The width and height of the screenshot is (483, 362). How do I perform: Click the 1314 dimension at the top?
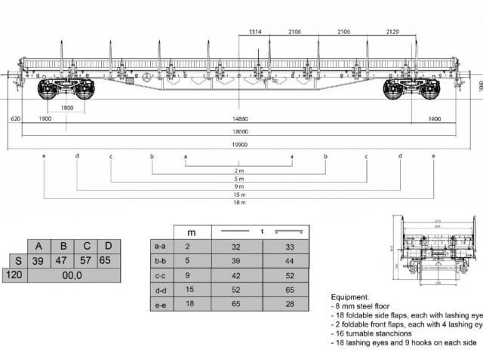(253, 32)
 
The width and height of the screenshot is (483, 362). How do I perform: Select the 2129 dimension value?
(393, 32)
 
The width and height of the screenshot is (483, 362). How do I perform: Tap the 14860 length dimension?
(239, 119)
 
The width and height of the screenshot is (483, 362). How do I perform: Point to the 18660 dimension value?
(239, 131)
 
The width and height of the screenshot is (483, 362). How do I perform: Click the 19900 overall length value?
(239, 143)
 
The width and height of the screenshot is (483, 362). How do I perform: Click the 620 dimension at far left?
(15, 119)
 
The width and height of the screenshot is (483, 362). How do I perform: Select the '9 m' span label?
(239, 186)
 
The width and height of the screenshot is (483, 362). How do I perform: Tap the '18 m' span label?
(239, 203)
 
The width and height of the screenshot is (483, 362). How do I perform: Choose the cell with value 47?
(63, 260)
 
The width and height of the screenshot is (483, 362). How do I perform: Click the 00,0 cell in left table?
(72, 275)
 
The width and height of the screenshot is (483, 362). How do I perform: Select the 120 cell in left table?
(13, 275)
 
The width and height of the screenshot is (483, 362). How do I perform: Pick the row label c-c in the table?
(160, 276)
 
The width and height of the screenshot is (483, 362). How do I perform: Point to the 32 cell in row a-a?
(235, 246)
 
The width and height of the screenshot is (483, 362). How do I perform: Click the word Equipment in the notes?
(351, 297)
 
